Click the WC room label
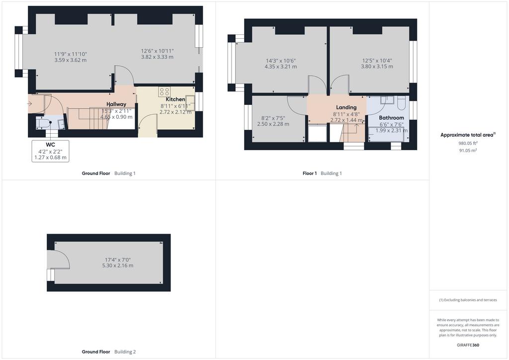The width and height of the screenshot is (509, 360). coord(51,145)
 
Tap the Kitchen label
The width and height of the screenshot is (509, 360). coord(175,99)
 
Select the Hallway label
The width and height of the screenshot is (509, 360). coord(116,104)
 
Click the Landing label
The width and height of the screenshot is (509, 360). coord(346,107)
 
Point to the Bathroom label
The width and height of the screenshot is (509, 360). coord(392,118)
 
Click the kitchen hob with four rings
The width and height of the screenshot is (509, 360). coord(164,91)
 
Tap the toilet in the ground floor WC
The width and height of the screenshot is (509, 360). coord(43,123)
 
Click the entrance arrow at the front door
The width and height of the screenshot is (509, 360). coord(29,104)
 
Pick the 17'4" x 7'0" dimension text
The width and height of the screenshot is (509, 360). coord(117,260)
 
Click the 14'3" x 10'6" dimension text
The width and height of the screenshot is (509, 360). coord(281,61)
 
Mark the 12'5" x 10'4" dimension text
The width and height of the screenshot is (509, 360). coord(377,61)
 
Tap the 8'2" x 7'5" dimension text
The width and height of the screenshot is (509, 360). coord(273,118)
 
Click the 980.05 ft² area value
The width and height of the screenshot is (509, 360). coord(468,143)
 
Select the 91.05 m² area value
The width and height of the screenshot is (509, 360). coord(468,150)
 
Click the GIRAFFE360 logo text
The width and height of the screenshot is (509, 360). coord(468,345)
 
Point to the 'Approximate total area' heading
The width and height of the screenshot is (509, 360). coord(467,135)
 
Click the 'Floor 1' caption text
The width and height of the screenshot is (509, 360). coord(310,174)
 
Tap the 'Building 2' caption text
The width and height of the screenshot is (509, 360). coord(125,352)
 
